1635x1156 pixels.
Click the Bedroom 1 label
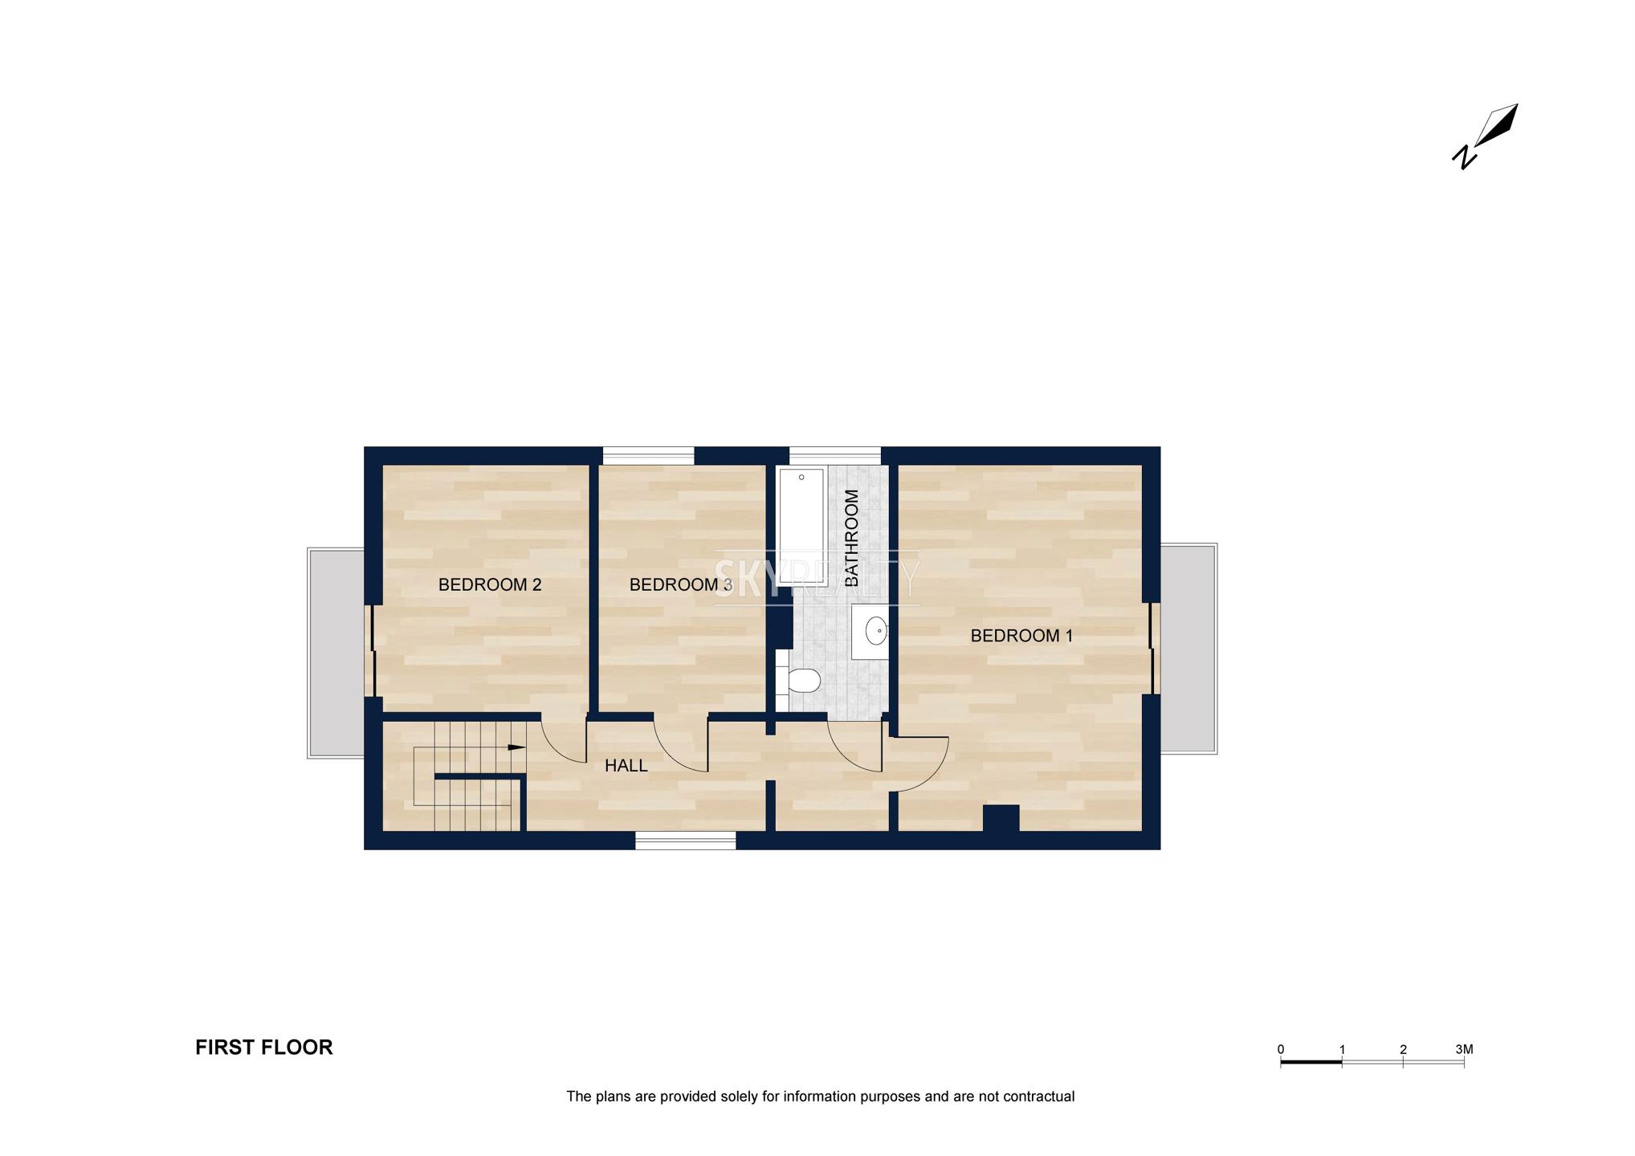pyautogui.click(x=1021, y=636)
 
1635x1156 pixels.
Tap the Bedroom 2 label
pyautogui.click(x=490, y=584)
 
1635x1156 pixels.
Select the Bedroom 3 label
pyautogui.click(x=680, y=584)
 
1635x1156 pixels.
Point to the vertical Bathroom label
pyautogui.click(x=851, y=537)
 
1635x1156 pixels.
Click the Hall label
pyautogui.click(x=626, y=766)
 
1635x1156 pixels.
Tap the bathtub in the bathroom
pyautogui.click(x=801, y=516)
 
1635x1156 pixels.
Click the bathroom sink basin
pyautogui.click(x=876, y=631)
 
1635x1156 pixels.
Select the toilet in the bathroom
pyautogui.click(x=798, y=681)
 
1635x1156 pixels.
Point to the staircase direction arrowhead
pyautogui.click(x=517, y=747)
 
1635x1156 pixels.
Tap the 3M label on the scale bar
pyautogui.click(x=1464, y=1049)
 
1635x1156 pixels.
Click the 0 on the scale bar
pyautogui.click(x=1281, y=1049)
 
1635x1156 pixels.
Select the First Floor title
pyautogui.click(x=264, y=1047)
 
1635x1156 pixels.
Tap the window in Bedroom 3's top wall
pyautogui.click(x=649, y=455)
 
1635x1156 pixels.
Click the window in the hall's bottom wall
pyautogui.click(x=686, y=841)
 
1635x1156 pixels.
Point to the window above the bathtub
pyautogui.click(x=835, y=455)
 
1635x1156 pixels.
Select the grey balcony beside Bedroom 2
pyautogui.click(x=336, y=653)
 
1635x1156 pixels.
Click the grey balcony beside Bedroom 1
pyautogui.click(x=1189, y=649)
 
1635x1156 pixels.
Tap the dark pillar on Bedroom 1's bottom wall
pyautogui.click(x=1001, y=818)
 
